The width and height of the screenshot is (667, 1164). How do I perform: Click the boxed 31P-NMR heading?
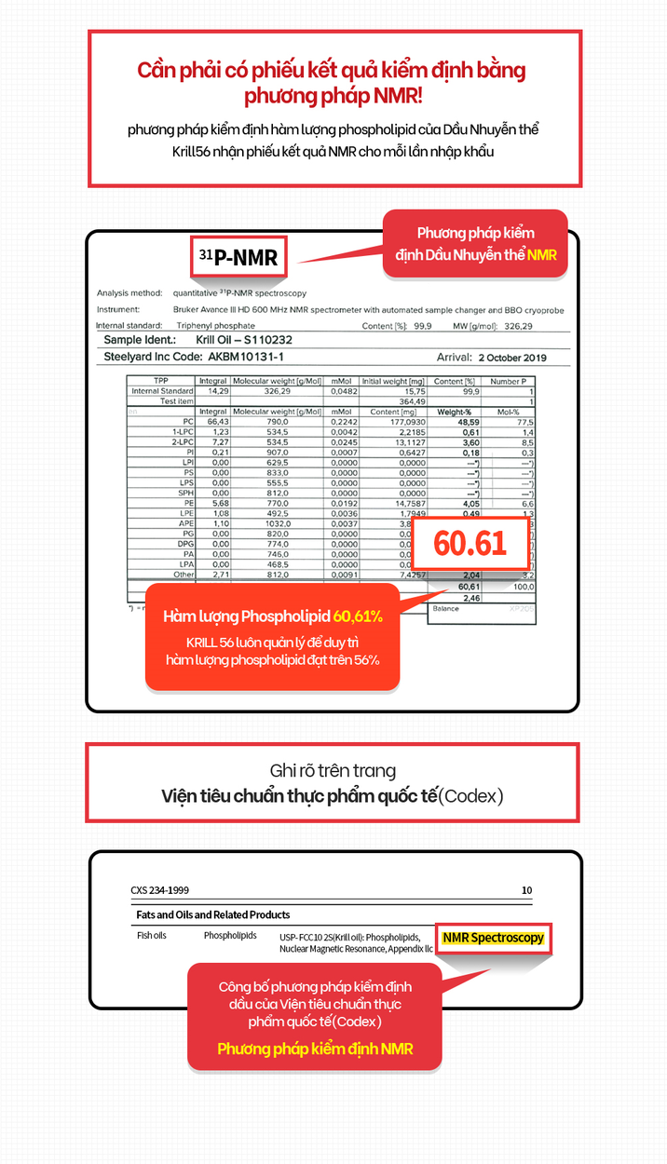click(238, 257)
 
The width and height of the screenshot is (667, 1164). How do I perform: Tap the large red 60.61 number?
click(470, 543)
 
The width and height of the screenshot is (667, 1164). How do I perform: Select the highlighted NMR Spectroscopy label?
click(493, 938)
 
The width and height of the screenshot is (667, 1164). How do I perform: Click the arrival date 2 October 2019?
click(512, 358)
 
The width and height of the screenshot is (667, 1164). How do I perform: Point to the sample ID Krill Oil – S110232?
click(237, 341)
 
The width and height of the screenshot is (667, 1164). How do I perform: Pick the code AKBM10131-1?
click(246, 357)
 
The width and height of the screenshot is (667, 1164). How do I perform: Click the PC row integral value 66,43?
click(213, 422)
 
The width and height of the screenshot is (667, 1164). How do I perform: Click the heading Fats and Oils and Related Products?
click(213, 914)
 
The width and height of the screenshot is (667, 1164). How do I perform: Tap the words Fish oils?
click(152, 935)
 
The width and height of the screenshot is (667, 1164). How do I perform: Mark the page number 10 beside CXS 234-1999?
click(526, 890)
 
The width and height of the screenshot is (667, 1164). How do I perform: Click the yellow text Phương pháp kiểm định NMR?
click(315, 1049)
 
